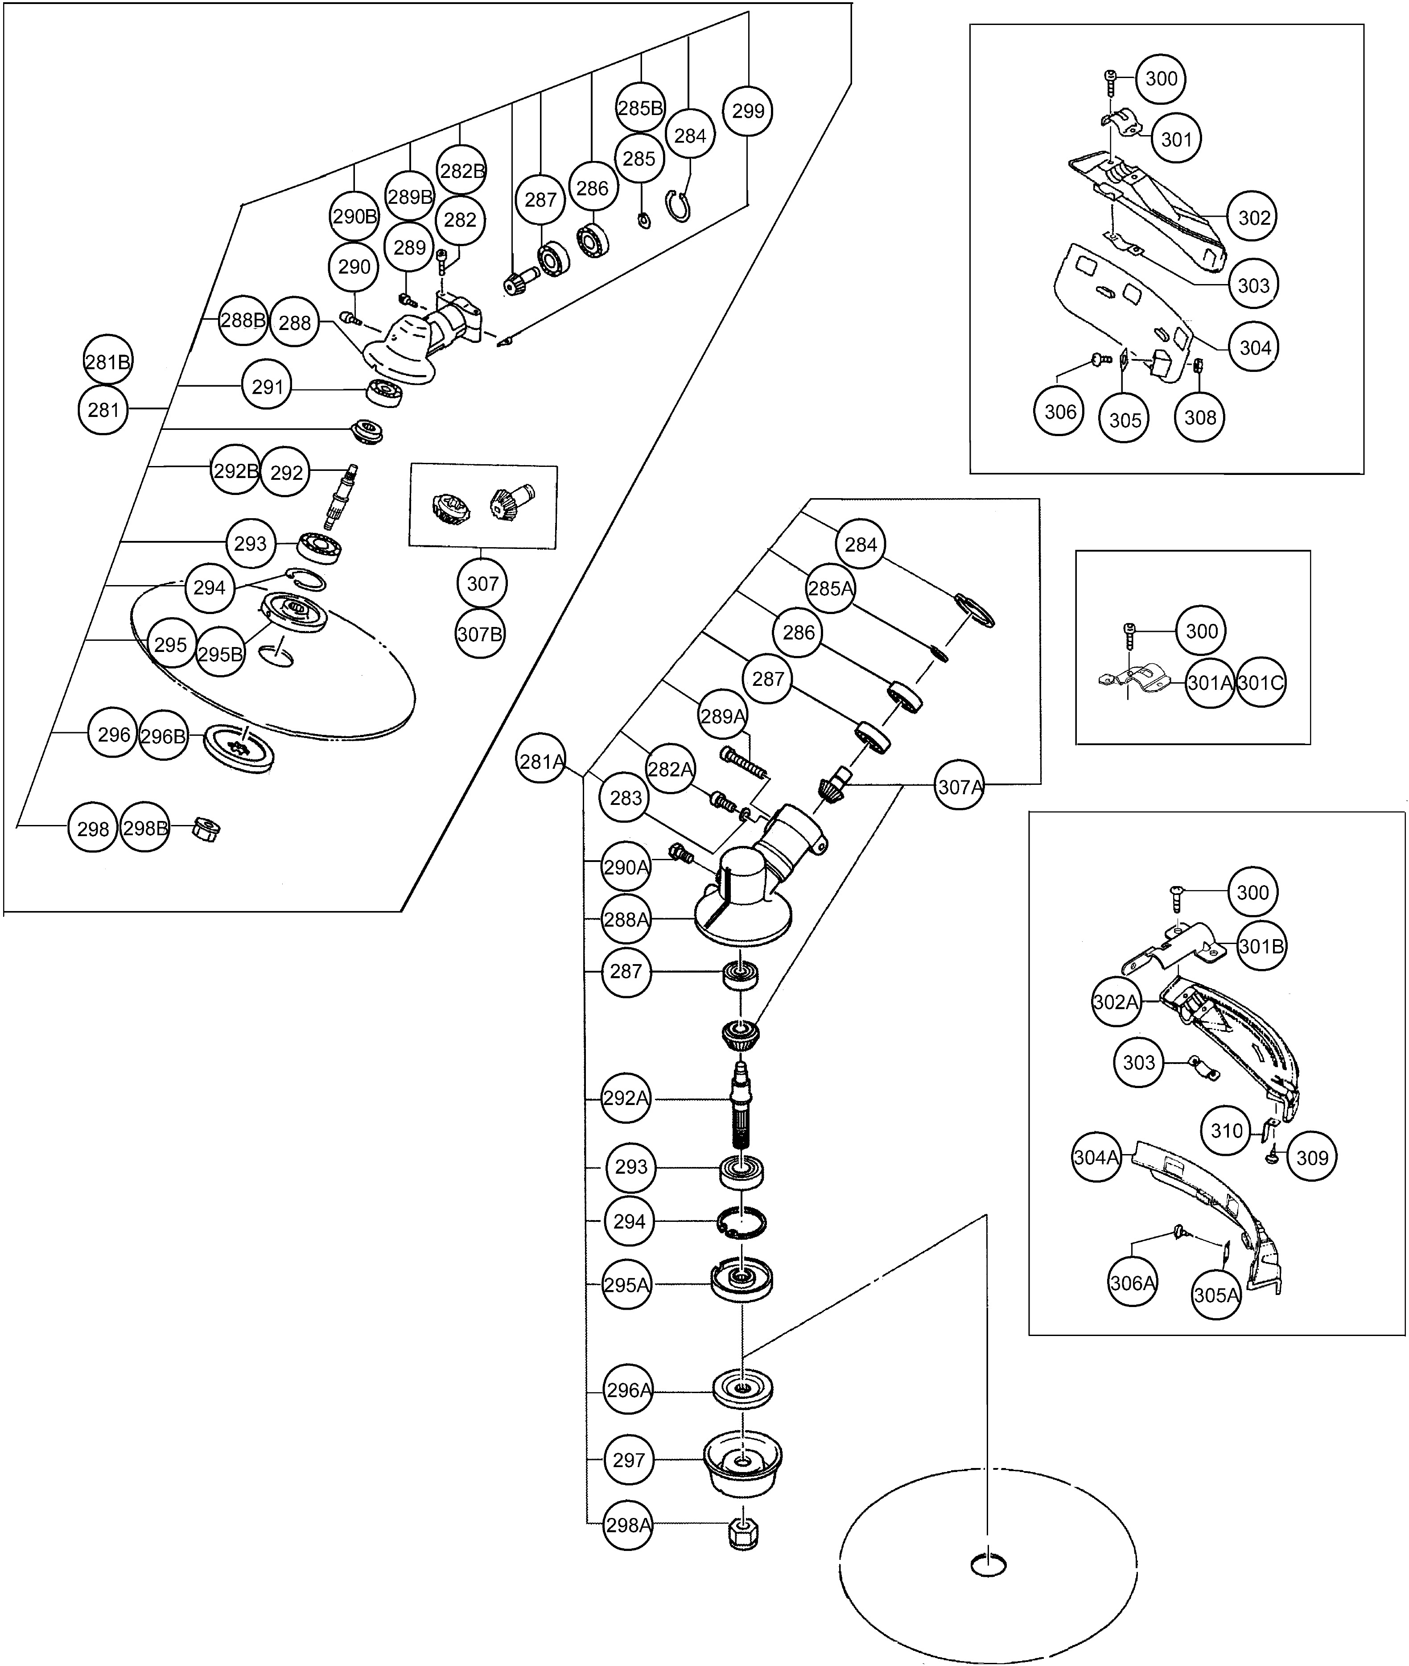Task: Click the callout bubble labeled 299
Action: [x=748, y=111]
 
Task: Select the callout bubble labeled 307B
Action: [x=480, y=634]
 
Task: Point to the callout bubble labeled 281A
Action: [x=542, y=761]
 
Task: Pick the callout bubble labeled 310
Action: [x=1226, y=1130]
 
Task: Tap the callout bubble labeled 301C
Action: [x=1261, y=683]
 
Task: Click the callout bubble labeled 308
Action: [x=1200, y=417]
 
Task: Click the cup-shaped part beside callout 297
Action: [x=743, y=1463]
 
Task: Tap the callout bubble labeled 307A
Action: [x=959, y=787]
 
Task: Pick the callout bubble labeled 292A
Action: [x=626, y=1098]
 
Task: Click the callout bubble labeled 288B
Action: [x=243, y=320]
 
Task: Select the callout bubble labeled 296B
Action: [x=163, y=735]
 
